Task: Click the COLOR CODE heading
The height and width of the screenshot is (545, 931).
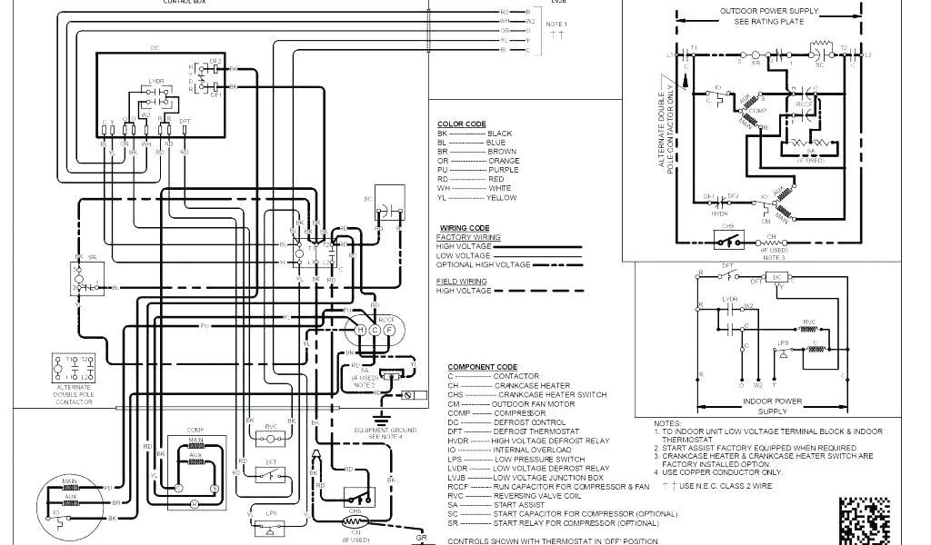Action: click(461, 124)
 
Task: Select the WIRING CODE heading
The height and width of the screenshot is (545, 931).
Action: click(464, 227)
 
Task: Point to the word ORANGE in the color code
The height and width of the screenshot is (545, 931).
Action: click(503, 161)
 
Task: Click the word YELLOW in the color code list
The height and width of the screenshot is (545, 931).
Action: click(503, 197)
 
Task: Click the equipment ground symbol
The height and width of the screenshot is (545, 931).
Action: click(383, 419)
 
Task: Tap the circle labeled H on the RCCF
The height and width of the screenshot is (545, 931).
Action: click(361, 330)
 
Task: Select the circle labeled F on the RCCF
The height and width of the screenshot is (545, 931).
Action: click(388, 330)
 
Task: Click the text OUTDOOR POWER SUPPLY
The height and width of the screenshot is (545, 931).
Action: click(762, 12)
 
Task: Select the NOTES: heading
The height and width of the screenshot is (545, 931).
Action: click(666, 423)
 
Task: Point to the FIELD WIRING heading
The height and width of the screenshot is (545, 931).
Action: click(461, 282)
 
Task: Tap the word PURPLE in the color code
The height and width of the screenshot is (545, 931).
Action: click(503, 170)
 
